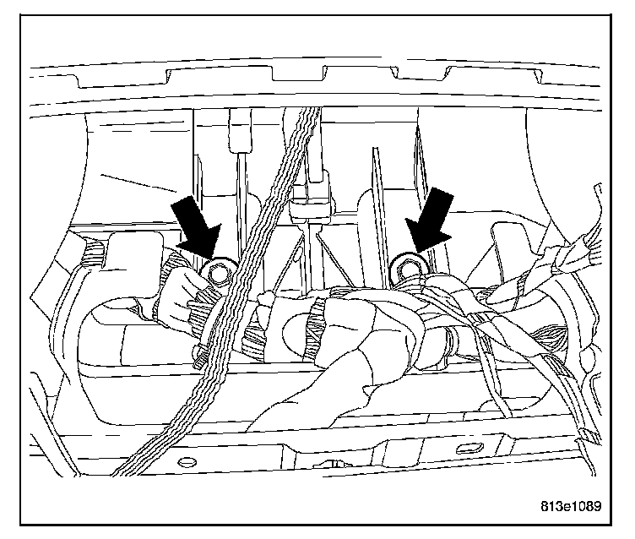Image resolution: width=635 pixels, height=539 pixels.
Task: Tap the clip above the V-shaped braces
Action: [310, 207]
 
